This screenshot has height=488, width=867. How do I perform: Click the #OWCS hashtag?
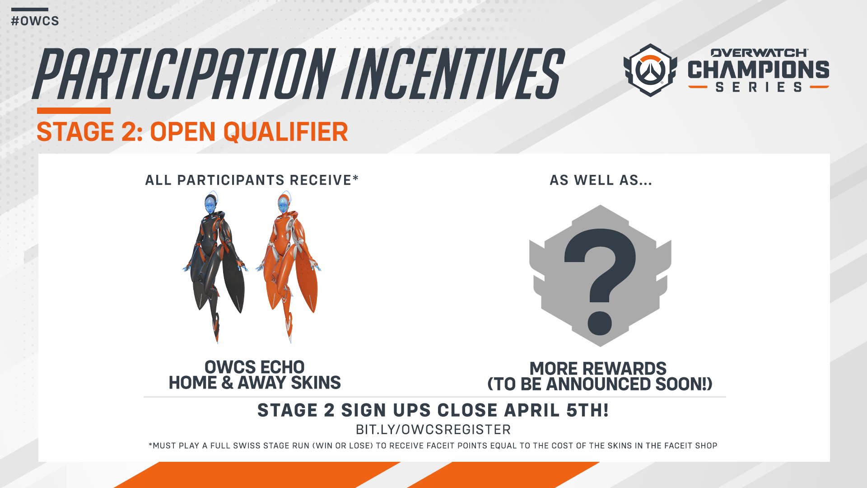click(35, 21)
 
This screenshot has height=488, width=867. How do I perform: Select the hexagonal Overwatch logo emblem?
click(650, 70)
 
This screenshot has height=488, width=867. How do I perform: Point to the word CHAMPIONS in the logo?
click(758, 70)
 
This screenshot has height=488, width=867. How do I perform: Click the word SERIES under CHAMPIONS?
click(759, 87)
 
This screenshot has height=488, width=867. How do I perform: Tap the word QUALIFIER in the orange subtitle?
click(285, 132)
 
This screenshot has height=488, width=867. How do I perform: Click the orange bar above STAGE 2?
click(74, 111)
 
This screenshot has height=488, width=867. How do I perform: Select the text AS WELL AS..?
click(601, 180)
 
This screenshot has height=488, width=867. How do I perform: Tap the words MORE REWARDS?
click(598, 368)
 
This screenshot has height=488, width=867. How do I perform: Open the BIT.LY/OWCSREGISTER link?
click(433, 429)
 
